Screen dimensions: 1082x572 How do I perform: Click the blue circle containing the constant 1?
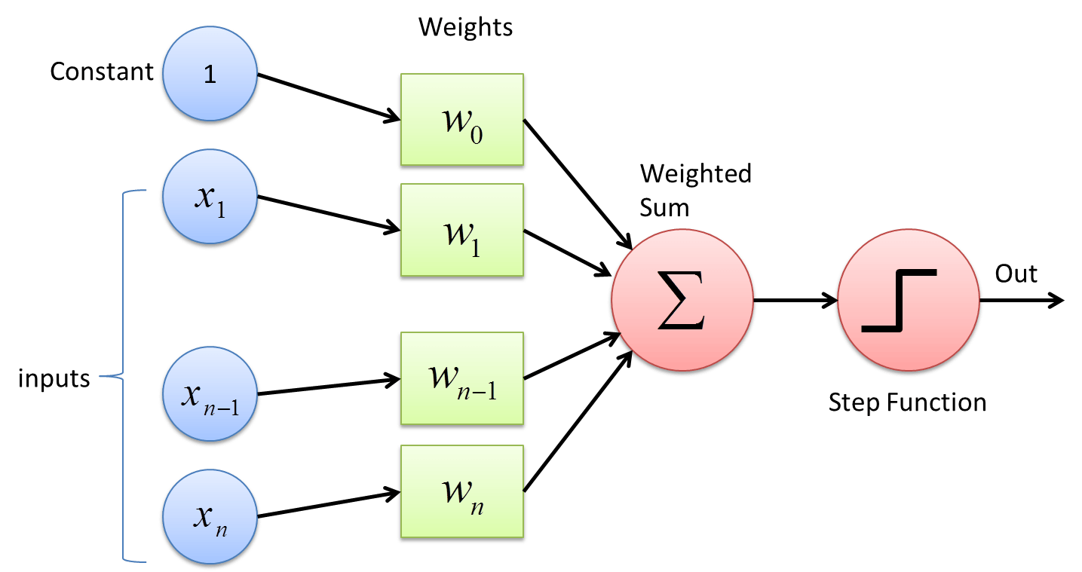click(210, 73)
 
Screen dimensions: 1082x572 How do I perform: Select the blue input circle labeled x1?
click(210, 197)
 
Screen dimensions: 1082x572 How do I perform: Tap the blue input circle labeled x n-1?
click(210, 394)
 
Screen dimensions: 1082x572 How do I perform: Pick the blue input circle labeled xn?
click(210, 517)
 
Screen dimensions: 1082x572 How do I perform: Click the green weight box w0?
click(461, 119)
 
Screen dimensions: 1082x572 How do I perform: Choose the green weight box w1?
click(461, 230)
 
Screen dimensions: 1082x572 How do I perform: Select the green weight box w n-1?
click(461, 378)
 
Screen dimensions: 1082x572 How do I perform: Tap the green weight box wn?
click(461, 491)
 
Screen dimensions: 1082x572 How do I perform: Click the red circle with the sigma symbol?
click(682, 300)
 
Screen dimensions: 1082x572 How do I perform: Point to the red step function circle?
click(908, 300)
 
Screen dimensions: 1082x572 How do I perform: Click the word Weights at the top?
click(465, 27)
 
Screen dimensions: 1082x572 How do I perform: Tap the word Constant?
click(102, 72)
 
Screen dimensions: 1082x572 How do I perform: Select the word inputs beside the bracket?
click(54, 378)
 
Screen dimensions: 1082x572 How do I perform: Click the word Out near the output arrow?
click(1016, 274)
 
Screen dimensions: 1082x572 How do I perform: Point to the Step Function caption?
click(907, 402)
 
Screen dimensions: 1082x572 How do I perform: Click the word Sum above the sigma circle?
click(664, 208)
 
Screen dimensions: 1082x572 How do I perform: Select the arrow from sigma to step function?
click(795, 300)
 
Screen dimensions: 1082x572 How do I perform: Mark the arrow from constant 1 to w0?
click(329, 97)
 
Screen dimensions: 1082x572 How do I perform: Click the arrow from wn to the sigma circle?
click(578, 421)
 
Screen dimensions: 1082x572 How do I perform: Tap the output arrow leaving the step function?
click(1022, 300)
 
